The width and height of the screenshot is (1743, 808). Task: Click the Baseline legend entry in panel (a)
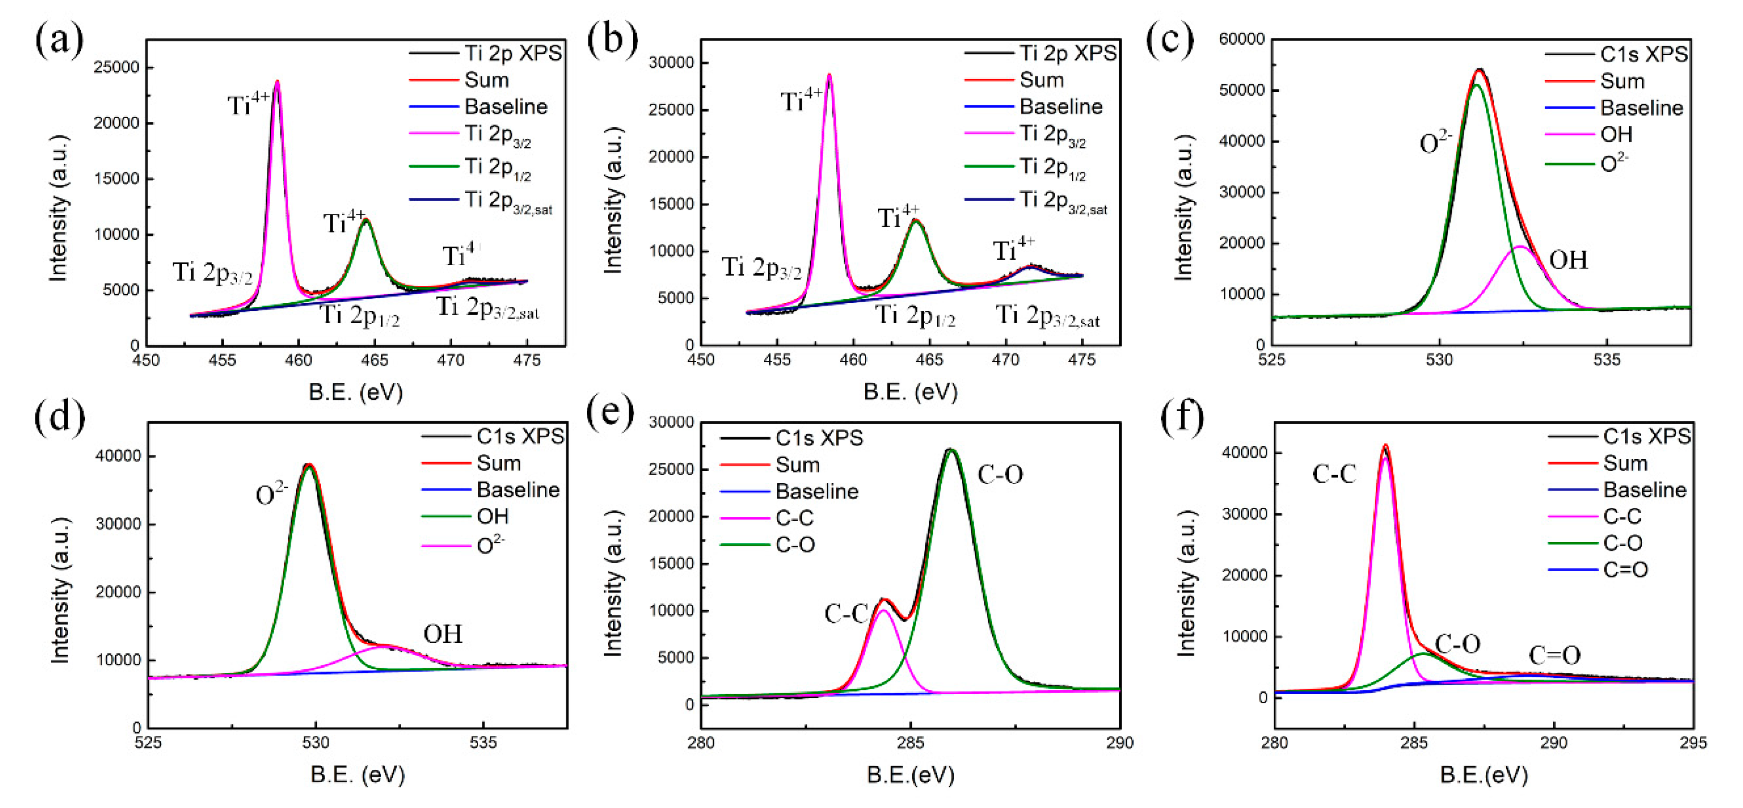coord(505,106)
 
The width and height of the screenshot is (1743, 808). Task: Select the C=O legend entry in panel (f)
coord(1624,569)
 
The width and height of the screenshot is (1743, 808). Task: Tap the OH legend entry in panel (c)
coord(1616,134)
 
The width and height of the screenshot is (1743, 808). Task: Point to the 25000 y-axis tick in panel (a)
coord(116,67)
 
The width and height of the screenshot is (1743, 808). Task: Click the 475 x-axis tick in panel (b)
coord(1081,360)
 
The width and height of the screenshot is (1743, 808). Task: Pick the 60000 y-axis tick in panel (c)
coord(1242,39)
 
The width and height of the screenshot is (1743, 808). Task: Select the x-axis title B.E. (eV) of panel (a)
coord(355,392)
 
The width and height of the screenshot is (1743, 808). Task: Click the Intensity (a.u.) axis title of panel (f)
coord(1186,583)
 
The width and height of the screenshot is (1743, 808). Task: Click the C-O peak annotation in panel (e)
coord(1000,475)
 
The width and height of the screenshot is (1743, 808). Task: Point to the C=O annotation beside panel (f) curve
coord(1554,655)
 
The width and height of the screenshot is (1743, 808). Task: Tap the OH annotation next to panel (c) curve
coord(1568,260)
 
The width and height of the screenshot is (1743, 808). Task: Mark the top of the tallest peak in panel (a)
coord(277,82)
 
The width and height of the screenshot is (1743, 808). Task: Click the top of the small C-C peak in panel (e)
coord(883,599)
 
